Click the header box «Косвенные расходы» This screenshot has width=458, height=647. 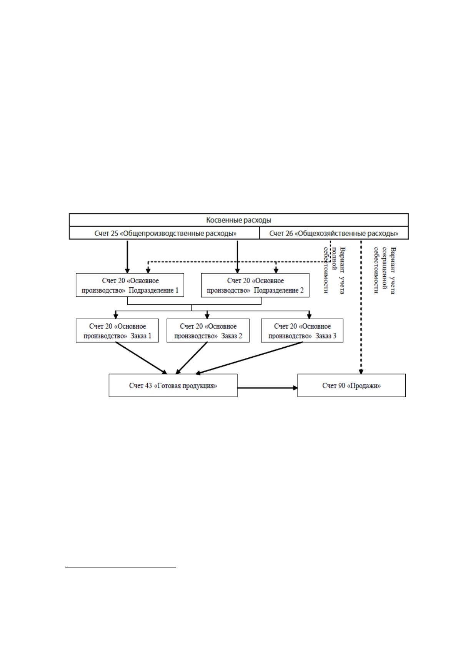click(238, 220)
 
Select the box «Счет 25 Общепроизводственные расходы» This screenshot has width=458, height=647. click(165, 233)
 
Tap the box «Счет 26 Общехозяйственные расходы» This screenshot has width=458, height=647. click(334, 233)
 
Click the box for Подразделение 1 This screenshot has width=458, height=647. click(130, 285)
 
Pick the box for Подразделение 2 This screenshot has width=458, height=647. click(255, 285)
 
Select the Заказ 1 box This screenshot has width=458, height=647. click(117, 331)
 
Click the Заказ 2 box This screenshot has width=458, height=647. click(208, 331)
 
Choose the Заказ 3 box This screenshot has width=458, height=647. click(302, 331)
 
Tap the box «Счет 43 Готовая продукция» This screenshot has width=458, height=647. click(173, 386)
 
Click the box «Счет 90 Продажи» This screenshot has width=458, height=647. click(351, 386)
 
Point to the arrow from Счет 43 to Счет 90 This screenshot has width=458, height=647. click(268, 388)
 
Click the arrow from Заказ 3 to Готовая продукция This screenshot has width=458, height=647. click(249, 358)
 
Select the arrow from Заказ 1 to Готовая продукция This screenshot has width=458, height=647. click(141, 358)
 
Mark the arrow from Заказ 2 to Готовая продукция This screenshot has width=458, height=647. click(192, 358)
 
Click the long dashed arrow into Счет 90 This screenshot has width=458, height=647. click(361, 307)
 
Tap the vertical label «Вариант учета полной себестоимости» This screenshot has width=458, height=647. click(334, 270)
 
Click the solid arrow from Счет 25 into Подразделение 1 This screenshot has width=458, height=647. click(128, 257)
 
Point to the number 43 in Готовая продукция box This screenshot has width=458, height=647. click(148, 386)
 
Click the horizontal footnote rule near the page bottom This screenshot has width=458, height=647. click(121, 567)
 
